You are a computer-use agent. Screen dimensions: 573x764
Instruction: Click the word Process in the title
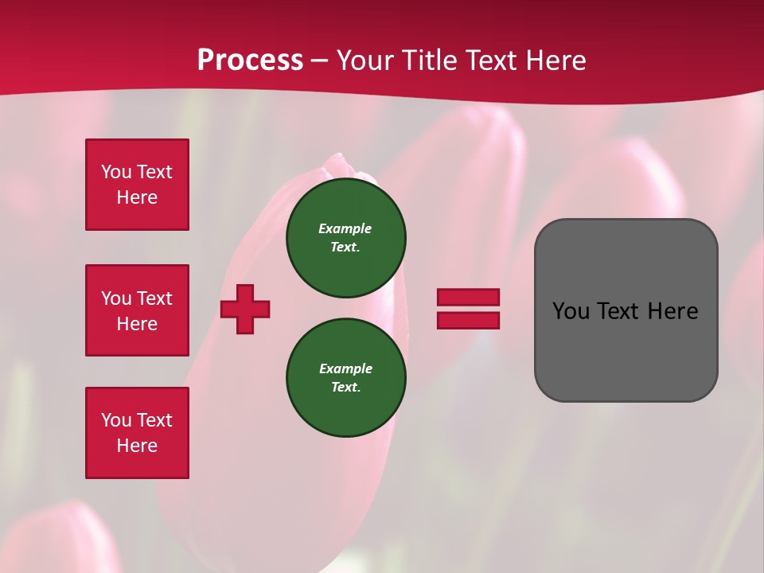click(x=250, y=60)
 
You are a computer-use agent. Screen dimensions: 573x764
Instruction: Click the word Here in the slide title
click(x=555, y=60)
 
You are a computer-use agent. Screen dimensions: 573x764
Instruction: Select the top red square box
click(x=137, y=185)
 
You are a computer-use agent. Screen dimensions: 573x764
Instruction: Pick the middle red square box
click(x=137, y=310)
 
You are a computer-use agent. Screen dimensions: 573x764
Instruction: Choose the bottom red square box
click(x=137, y=433)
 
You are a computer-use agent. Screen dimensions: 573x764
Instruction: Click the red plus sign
click(x=245, y=309)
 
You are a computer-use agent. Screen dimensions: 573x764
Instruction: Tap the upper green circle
click(x=346, y=238)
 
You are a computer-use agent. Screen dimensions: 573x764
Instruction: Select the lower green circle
click(x=346, y=378)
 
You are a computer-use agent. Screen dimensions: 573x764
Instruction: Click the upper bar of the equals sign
click(x=468, y=297)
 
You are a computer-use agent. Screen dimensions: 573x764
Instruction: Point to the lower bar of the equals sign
click(x=468, y=321)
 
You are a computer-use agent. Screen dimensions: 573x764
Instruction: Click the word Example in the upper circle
click(x=345, y=228)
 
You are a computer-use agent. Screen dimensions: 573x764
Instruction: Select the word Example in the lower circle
click(x=345, y=368)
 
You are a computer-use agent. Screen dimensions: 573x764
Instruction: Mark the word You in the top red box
click(x=115, y=172)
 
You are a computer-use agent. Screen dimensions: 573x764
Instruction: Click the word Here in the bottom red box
click(x=137, y=446)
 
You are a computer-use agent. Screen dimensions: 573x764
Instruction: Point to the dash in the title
click(x=319, y=60)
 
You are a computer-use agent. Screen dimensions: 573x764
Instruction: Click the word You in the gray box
click(x=570, y=311)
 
